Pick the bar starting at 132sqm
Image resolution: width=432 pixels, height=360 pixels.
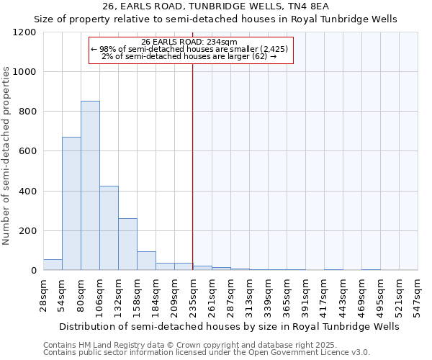(x=127, y=244)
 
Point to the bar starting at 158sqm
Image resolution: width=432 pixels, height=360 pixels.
(x=146, y=261)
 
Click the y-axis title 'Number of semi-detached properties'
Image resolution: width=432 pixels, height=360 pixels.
(x=6, y=151)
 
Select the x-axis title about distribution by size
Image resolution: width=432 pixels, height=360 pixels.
(x=230, y=326)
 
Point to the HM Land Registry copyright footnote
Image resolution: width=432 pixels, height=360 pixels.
(x=185, y=346)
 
